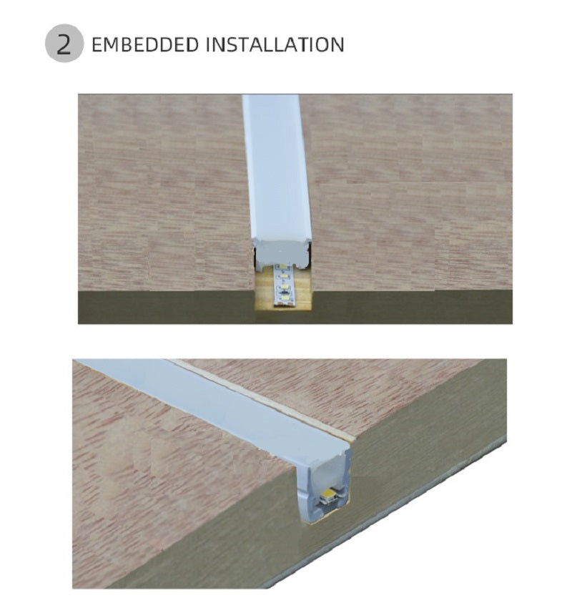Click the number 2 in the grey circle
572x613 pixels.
[x=64, y=44]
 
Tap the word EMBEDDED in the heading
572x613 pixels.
[x=145, y=44]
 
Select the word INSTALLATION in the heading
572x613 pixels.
[x=275, y=44]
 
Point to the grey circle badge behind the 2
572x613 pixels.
[x=64, y=44]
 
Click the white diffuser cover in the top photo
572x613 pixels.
[x=277, y=168]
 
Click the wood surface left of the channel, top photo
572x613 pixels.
[x=164, y=192]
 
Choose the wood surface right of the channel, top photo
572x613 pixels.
[x=410, y=192]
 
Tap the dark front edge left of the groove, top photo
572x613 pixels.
[x=166, y=308]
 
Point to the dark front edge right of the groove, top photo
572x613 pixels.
[x=413, y=308]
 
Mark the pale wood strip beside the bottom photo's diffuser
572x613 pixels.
[x=266, y=401]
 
